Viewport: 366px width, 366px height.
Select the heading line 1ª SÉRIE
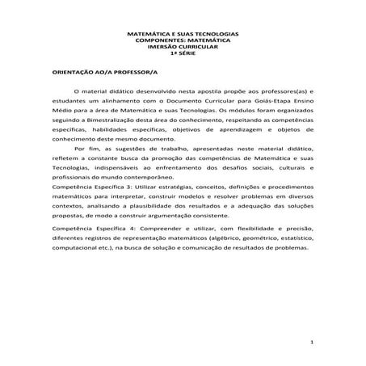click(x=183, y=53)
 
